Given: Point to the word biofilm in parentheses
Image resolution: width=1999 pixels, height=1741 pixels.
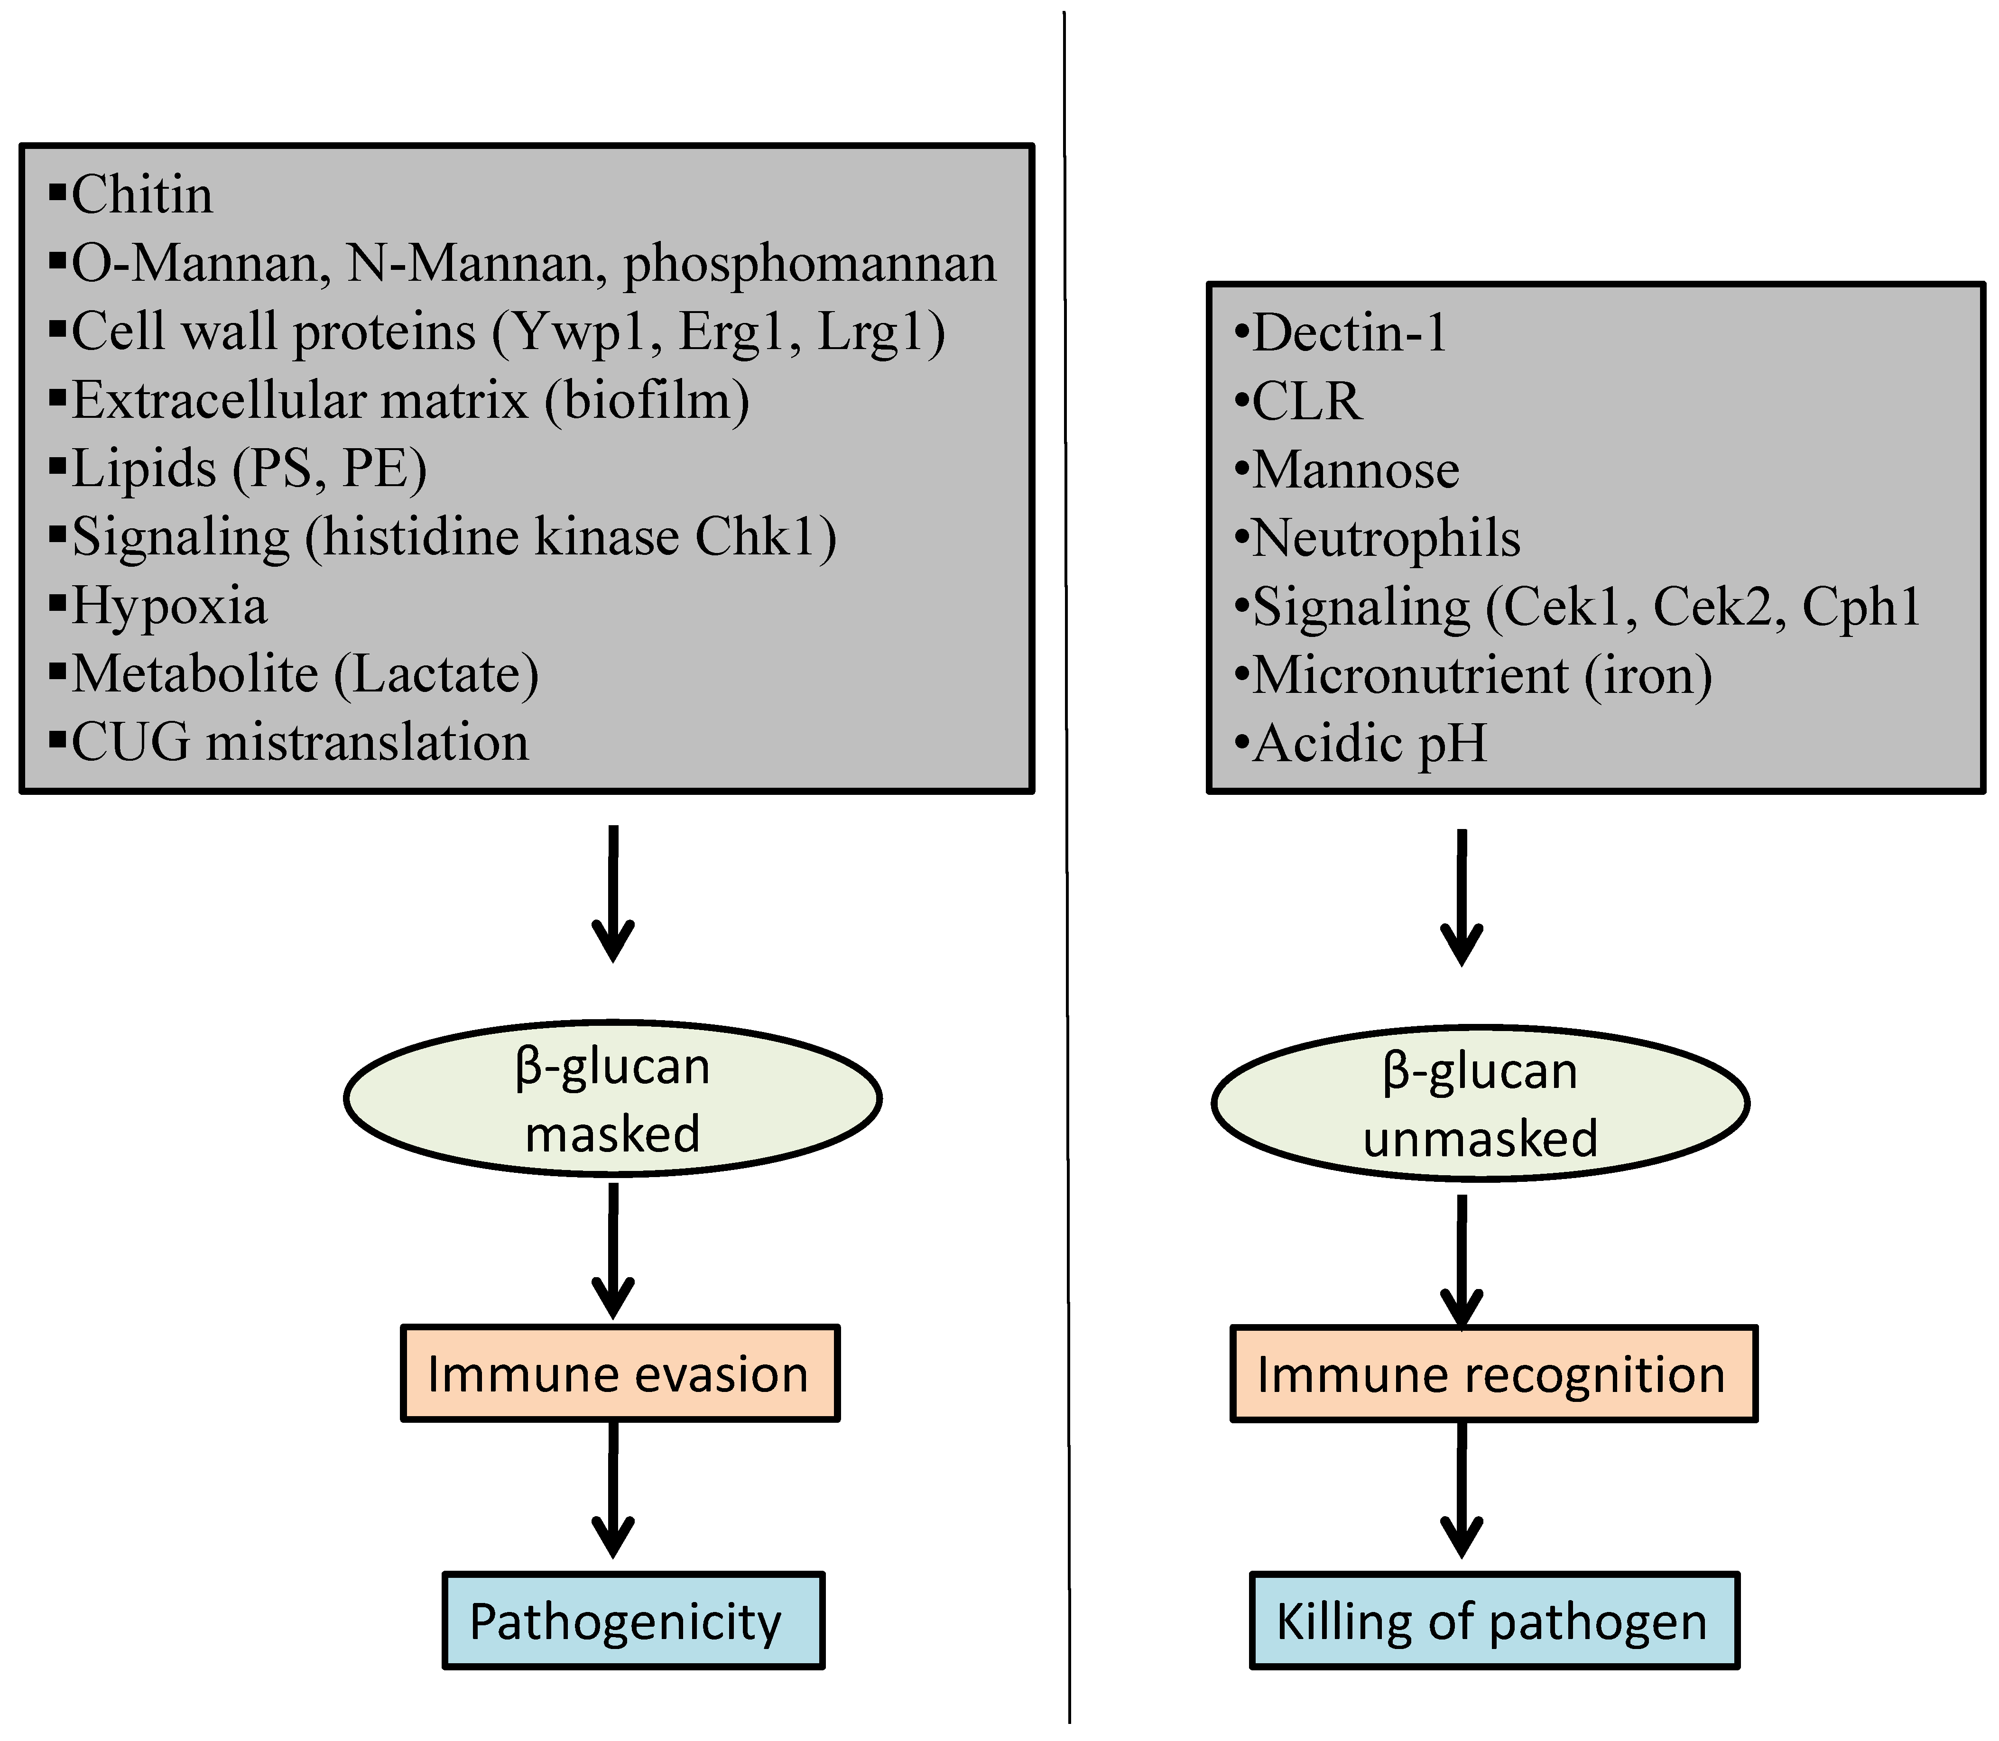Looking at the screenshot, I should coord(646,400).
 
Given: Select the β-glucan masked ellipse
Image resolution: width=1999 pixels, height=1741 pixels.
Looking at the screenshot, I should coord(612,1099).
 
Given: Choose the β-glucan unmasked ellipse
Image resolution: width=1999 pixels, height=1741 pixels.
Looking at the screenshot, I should coord(1479,1104).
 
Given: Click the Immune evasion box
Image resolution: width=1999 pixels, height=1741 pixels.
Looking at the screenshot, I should coord(619,1373).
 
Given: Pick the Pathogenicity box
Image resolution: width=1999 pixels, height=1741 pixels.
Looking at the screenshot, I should coord(633,1621).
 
